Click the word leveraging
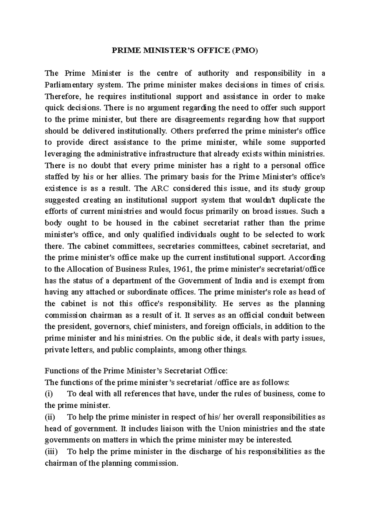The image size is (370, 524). [63, 154]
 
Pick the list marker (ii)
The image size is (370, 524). [50, 417]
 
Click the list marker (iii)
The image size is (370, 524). [51, 452]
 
